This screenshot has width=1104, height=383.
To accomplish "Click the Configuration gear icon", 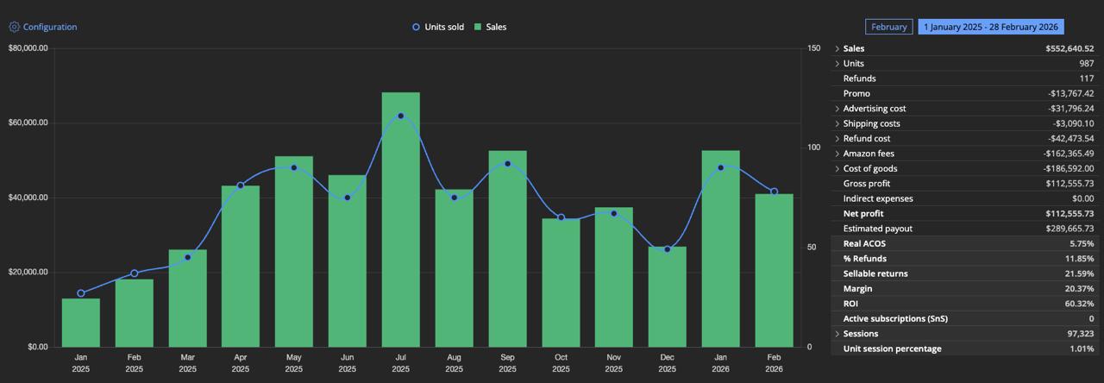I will (14, 27).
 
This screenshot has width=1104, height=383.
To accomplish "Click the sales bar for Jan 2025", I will (80, 323).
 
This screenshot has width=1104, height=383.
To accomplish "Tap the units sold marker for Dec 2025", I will (667, 249).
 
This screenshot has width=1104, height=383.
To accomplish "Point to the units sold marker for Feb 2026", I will (774, 191).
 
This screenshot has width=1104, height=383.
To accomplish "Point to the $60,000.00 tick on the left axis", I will (28, 123).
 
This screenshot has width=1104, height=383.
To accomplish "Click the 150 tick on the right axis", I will (813, 48).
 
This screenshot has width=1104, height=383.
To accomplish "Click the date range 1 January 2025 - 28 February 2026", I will (990, 27).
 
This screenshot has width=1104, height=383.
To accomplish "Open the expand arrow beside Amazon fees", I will (837, 154).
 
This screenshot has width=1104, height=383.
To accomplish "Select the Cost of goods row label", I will (869, 168).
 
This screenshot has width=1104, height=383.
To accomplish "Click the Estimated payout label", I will (877, 229).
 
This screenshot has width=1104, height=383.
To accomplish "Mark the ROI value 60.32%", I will (1077, 304).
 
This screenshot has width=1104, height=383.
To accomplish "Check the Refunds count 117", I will (1086, 78).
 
